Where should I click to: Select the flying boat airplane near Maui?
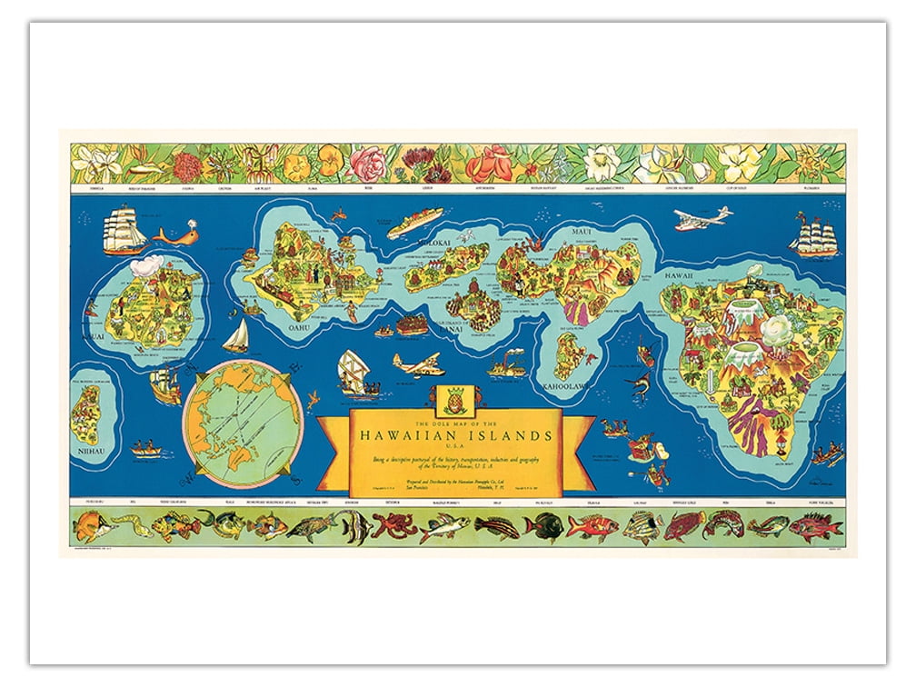tap(702, 218)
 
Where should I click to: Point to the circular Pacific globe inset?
tap(244, 424)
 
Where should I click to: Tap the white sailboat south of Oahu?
tap(236, 335)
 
